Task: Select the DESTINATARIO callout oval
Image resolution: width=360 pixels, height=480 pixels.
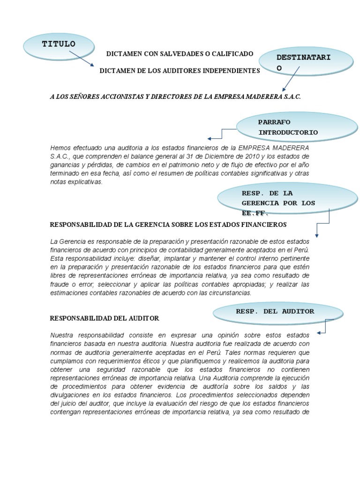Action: click(x=306, y=62)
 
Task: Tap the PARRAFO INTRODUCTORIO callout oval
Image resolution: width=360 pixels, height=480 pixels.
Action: click(x=285, y=127)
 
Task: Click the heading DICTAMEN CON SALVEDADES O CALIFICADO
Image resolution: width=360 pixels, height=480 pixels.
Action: click(x=180, y=54)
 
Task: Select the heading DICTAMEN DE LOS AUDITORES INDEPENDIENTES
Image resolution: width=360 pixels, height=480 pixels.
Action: click(x=180, y=70)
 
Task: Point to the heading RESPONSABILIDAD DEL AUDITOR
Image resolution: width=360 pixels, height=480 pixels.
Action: click(x=105, y=318)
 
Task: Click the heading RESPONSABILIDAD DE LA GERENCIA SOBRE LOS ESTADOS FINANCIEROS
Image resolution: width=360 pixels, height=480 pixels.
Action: click(x=168, y=225)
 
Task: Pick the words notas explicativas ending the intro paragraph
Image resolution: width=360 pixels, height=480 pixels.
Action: click(x=75, y=182)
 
